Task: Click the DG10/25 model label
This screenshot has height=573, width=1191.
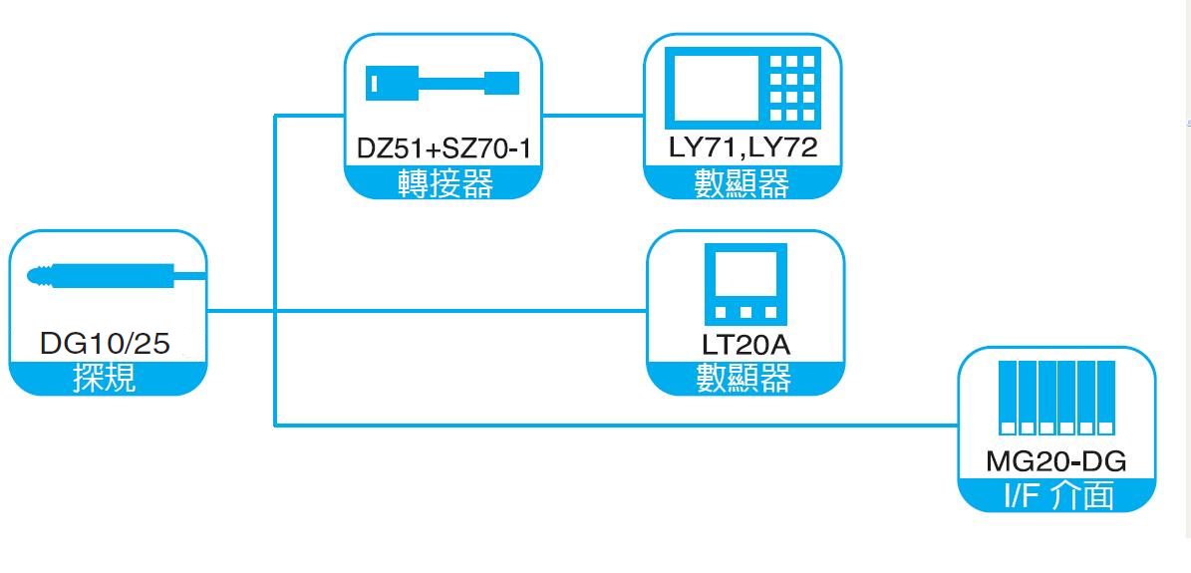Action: pos(105,345)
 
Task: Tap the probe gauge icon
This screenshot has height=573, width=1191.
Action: pos(110,275)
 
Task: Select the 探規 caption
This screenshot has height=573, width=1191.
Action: pos(105,379)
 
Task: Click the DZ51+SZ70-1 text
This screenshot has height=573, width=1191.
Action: pos(444,149)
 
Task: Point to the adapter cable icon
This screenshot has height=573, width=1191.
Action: pos(442,82)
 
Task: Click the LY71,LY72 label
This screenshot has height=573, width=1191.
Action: pos(744,149)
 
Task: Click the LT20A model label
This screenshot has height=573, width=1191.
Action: pos(745,345)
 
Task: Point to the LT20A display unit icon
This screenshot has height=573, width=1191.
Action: pos(745,281)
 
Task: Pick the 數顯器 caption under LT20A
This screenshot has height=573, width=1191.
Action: pos(744,379)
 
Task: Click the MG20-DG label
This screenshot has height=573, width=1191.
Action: pos(1056,461)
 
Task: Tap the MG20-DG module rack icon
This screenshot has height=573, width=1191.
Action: pos(1056,398)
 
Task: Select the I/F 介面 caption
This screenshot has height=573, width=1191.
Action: pos(1056,495)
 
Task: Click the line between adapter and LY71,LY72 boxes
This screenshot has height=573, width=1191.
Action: pos(593,116)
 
